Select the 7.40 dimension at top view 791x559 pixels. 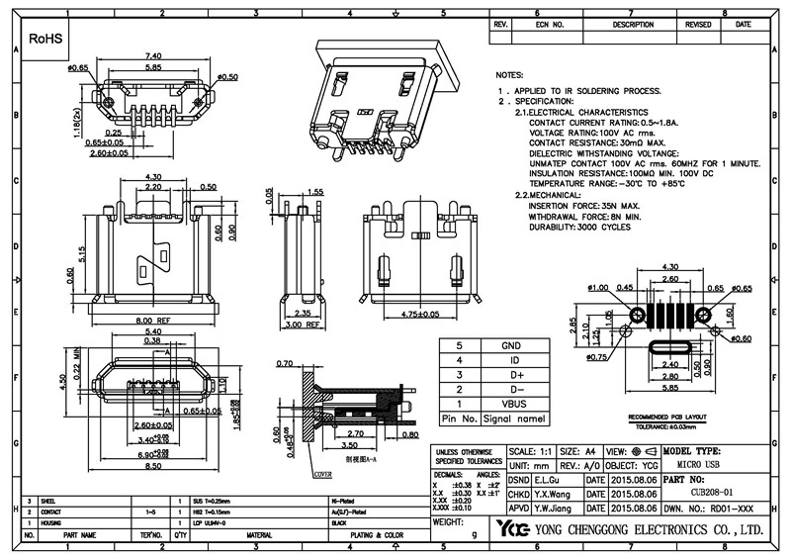pos(153,55)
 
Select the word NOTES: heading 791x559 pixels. pos(509,75)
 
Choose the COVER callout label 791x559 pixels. pos(322,474)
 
